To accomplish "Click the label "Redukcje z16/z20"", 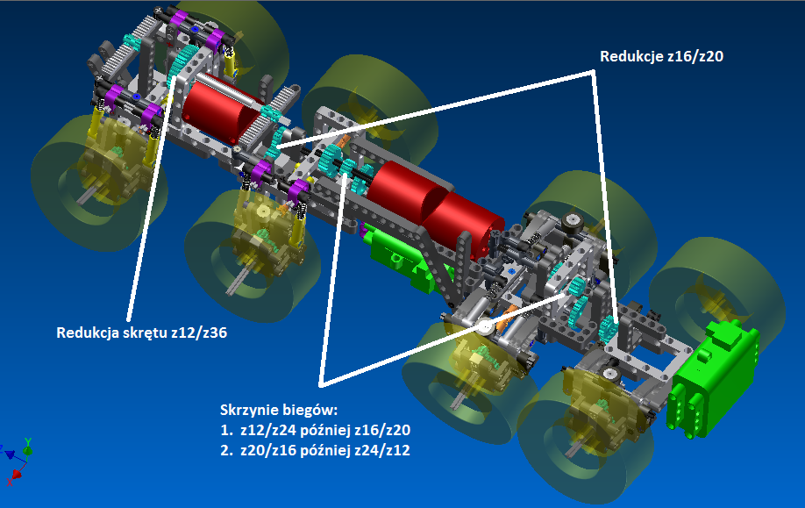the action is [661, 56].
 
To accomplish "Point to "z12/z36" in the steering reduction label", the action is [199, 333].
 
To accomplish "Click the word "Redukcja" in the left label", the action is [87, 333].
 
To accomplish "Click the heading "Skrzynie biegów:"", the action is [279, 410].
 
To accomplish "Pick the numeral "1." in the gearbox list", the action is [226, 430].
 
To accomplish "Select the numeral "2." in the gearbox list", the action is [226, 450].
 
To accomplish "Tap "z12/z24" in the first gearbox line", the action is [268, 430].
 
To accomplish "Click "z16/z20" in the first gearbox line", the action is [382, 430].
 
